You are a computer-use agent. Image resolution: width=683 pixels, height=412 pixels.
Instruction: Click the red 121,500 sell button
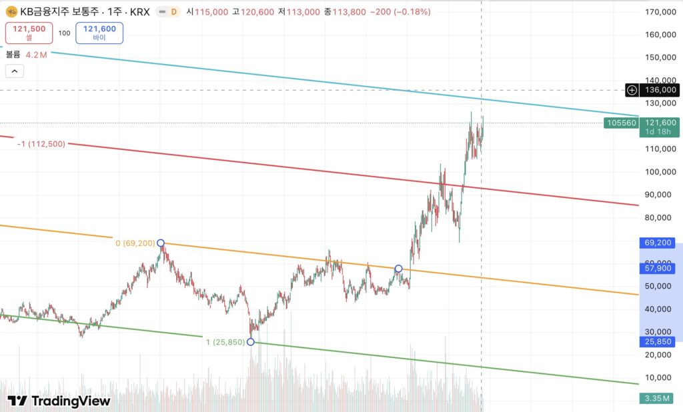pyautogui.click(x=29, y=33)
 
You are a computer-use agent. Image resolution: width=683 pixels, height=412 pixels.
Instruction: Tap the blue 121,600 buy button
pyautogui.click(x=99, y=33)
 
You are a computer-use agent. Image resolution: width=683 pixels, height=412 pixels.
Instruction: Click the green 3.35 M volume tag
pyautogui.click(x=657, y=399)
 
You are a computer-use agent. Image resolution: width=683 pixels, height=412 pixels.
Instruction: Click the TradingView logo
pyautogui.click(x=59, y=401)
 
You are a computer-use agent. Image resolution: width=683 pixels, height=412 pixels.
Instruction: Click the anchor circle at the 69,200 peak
pyautogui.click(x=160, y=243)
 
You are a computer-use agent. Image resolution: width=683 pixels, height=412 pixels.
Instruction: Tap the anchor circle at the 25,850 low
pyautogui.click(x=250, y=342)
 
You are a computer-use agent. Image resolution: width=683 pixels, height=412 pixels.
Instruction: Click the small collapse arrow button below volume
pyautogui.click(x=15, y=71)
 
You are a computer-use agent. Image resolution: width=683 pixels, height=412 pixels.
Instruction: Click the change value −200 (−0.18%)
pyautogui.click(x=400, y=12)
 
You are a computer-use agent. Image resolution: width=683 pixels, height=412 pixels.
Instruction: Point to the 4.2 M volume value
pyautogui.click(x=36, y=55)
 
